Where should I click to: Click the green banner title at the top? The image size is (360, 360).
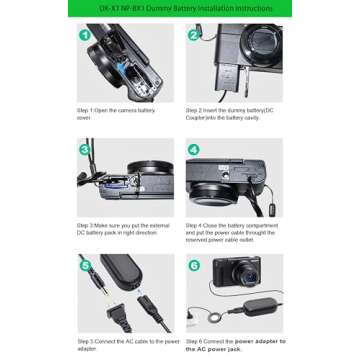180,8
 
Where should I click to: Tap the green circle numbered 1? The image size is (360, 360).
86,35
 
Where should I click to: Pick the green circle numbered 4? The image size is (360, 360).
194,149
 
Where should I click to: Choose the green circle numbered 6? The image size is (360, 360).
194,265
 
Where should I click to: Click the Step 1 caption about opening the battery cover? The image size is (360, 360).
111,113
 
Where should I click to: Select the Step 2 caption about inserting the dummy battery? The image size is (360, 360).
231,113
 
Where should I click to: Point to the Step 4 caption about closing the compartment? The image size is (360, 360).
232,232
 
